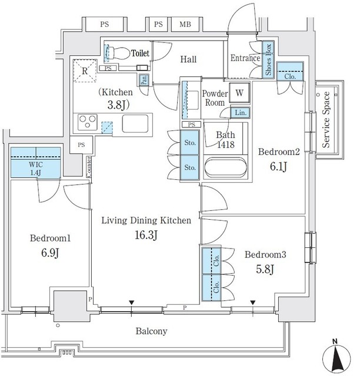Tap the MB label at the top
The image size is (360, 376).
pos(185,25)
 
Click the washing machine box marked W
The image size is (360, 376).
pos(239,92)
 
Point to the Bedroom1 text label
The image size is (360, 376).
pos(50,239)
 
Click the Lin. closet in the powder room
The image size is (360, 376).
pos(241,113)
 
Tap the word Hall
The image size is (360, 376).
pos(188,59)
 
